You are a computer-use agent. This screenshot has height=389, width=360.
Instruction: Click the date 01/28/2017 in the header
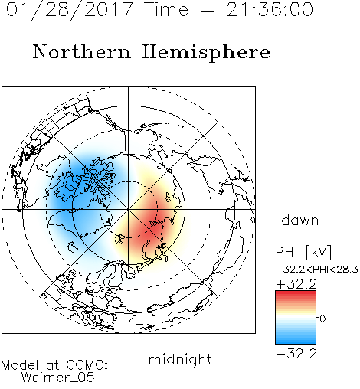[70, 10]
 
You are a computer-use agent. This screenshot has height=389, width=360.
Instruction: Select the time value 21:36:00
[270, 10]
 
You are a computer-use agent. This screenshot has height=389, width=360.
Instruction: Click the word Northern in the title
[82, 51]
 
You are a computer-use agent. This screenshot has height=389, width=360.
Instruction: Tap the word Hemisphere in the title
[206, 53]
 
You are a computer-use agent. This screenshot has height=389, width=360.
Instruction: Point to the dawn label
[300, 220]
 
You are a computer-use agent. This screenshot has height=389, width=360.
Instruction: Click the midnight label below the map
[180, 360]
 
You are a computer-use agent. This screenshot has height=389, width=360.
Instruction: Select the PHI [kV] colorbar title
[303, 252]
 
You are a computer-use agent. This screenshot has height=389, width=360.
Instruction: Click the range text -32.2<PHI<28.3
[317, 270]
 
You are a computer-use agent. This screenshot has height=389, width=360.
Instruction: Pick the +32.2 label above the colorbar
[296, 284]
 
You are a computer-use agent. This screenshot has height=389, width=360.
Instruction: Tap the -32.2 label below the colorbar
[296, 354]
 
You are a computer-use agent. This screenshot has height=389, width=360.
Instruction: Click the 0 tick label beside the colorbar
[322, 319]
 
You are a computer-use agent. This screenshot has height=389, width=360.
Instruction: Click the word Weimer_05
[58, 378]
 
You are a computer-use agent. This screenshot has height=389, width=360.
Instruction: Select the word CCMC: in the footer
[87, 365]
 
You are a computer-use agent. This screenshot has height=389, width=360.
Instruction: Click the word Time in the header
[166, 9]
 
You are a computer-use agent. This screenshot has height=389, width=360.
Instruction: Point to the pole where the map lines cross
[129, 209]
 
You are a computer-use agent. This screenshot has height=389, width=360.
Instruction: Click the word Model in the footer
[20, 365]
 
